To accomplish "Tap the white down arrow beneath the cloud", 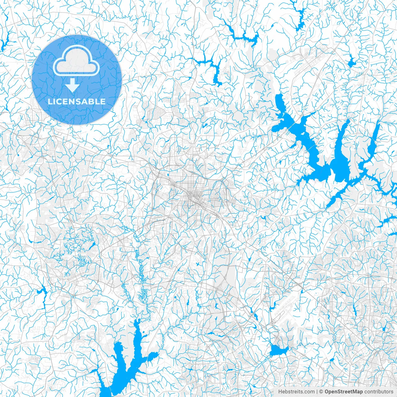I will pyautogui.click(x=73, y=85).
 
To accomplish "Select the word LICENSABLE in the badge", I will pyautogui.click(x=77, y=101).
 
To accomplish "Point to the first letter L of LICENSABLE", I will pyautogui.click(x=50, y=101).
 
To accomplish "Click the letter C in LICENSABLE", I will pyautogui.click(x=60, y=101).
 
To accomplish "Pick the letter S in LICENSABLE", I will pyautogui.click(x=81, y=101).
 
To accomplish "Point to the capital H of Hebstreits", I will pyautogui.click(x=280, y=392).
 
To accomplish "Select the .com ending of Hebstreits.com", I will pyautogui.click(x=309, y=392).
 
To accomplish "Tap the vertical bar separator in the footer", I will pyautogui.click(x=317, y=392).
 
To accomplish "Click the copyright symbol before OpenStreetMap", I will pyautogui.click(x=322, y=392).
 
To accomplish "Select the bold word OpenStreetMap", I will pyautogui.click(x=344, y=392).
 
